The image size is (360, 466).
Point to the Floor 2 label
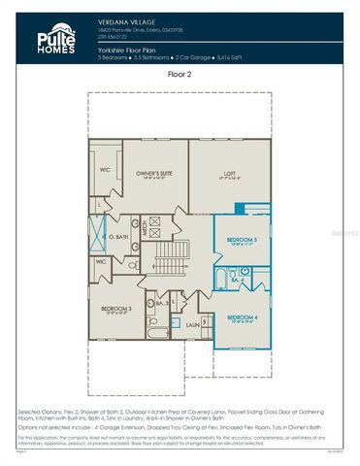180,74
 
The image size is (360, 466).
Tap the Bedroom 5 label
242,239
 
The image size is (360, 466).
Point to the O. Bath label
116,237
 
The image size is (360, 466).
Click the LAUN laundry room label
192,324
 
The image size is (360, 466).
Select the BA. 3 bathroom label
163,305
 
